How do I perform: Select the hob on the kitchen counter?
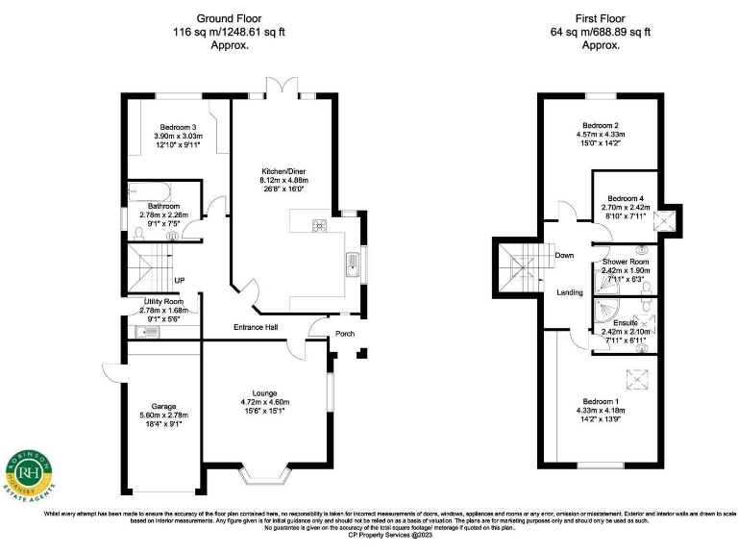[318, 226]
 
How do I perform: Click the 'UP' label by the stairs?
[179, 281]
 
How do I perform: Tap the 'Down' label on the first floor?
[565, 256]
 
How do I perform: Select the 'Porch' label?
[344, 335]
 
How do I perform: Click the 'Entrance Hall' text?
[256, 328]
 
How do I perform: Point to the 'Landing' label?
[570, 293]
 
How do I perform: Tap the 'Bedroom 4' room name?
[627, 198]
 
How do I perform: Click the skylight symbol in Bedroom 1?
[635, 378]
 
